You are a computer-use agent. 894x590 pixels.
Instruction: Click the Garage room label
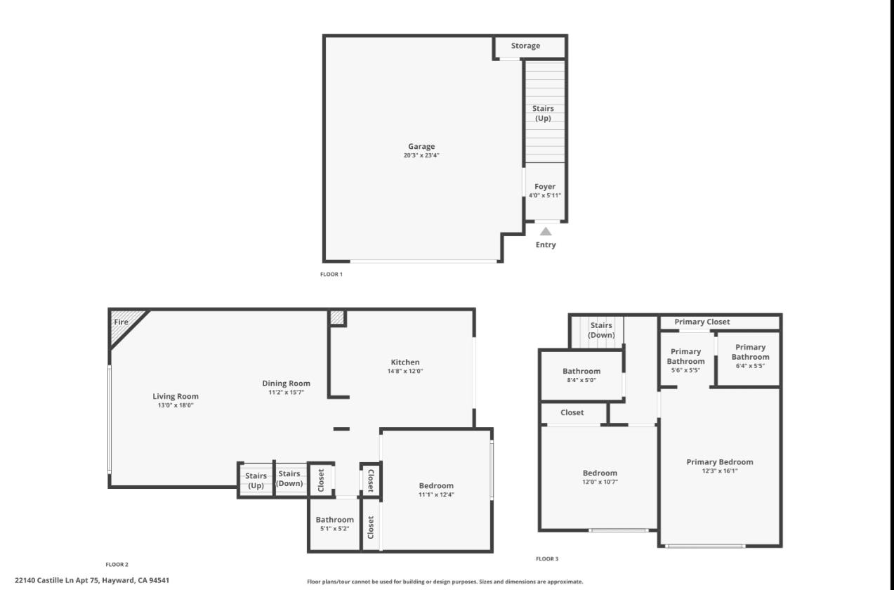[421, 147]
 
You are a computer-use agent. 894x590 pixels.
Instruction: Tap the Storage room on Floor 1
[525, 46]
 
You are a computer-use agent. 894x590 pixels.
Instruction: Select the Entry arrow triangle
[546, 230]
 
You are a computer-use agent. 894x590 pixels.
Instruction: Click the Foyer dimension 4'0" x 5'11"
[545, 196]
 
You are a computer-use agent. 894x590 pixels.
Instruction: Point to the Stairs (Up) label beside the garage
[543, 113]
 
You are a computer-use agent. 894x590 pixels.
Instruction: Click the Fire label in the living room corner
[121, 322]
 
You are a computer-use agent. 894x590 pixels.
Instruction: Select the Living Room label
[176, 397]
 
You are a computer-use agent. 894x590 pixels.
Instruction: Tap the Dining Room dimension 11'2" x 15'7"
[286, 393]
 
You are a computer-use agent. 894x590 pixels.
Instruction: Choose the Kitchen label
[405, 362]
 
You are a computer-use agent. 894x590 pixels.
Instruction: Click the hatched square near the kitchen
[337, 317]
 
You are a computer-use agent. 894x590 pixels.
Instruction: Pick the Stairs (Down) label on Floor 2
[289, 478]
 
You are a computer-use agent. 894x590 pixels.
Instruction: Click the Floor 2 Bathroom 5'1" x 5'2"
[334, 524]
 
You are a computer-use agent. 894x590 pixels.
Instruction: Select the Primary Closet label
[702, 322]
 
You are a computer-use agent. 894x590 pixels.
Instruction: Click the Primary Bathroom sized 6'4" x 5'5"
[750, 356]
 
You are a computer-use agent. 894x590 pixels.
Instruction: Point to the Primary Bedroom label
[720, 462]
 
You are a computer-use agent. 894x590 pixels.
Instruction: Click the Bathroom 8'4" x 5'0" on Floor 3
[581, 376]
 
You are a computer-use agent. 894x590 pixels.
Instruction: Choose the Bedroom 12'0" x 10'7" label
[600, 477]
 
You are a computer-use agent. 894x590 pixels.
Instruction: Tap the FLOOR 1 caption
[331, 275]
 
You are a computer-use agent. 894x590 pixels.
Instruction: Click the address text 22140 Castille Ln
[92, 580]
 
